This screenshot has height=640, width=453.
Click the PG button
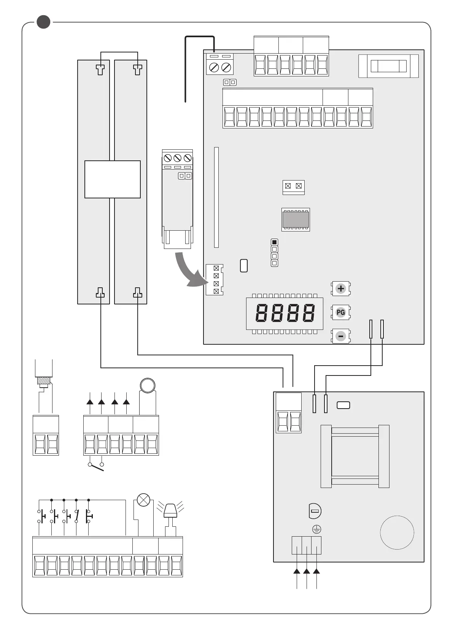pyautogui.click(x=341, y=312)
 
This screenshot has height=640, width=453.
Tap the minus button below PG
pyautogui.click(x=341, y=336)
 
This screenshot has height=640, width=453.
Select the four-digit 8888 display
pyautogui.click(x=285, y=314)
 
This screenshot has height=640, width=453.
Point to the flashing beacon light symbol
pyautogui.click(x=170, y=510)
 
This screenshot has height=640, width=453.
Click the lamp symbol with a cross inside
pyautogui.click(x=143, y=500)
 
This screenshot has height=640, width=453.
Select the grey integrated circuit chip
pyautogui.click(x=296, y=219)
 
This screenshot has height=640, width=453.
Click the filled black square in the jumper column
pyautogui.click(x=274, y=242)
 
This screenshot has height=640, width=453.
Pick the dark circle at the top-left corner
pyautogui.click(x=43, y=22)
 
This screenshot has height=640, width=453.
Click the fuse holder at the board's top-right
pyautogui.click(x=388, y=66)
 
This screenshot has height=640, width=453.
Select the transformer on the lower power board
pyautogui.click(x=355, y=456)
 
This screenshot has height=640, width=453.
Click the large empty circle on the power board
pyautogui.click(x=397, y=532)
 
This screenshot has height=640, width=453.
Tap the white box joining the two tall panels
pyautogui.click(x=112, y=179)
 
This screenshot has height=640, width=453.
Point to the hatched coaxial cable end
pyautogui.click(x=44, y=381)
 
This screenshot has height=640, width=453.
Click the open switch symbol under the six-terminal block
pyautogui.click(x=96, y=467)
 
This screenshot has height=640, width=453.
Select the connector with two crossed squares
pyautogui.click(x=293, y=186)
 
